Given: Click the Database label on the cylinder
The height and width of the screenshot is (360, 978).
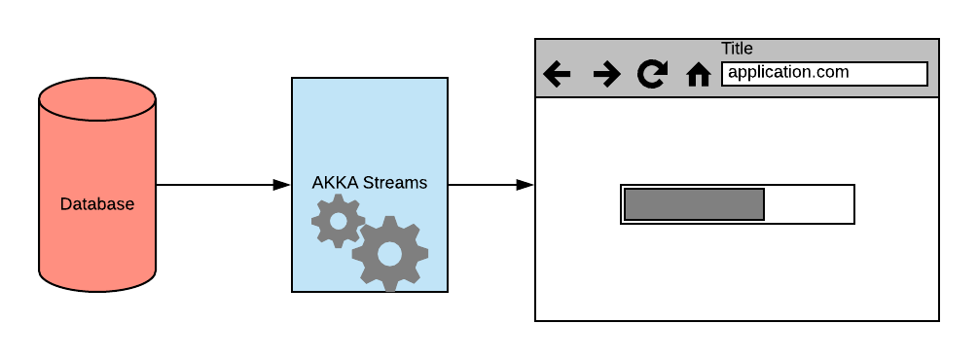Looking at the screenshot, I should [97, 204].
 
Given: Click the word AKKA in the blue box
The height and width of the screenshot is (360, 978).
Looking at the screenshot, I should [332, 183].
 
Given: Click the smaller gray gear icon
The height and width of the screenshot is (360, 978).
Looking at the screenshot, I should [338, 221].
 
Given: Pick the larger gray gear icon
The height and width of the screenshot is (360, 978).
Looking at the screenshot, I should [389, 253].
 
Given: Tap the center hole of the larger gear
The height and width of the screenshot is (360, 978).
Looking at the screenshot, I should [389, 253].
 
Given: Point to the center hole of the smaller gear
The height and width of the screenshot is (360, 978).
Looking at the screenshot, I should [338, 221].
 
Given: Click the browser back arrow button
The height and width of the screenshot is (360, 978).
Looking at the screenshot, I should [557, 74].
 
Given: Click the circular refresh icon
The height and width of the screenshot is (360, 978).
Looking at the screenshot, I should [651, 74].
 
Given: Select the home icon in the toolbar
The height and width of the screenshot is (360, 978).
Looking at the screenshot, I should [699, 75].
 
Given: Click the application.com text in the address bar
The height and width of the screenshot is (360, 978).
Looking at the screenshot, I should [788, 72].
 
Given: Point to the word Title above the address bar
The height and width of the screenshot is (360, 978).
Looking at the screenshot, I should [737, 49].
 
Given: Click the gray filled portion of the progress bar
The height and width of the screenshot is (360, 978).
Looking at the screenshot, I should [694, 204].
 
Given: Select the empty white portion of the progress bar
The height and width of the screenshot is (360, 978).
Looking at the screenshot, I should [809, 204].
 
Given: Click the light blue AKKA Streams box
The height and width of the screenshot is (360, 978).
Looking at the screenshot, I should [370, 126].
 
